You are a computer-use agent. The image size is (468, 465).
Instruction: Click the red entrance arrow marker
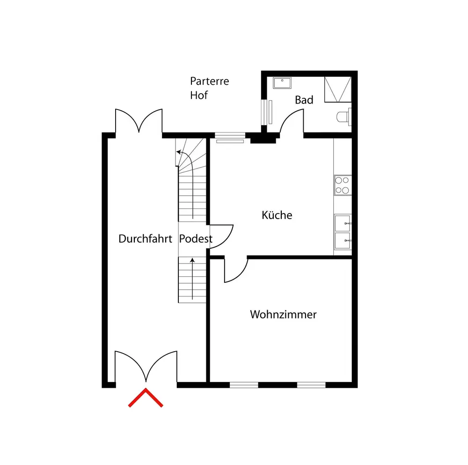coord(146,398)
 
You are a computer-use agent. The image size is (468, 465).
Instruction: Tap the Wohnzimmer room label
coord(283,314)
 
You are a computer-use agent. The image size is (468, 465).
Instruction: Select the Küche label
coord(277,215)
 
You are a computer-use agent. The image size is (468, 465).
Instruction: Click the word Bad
coord(304,100)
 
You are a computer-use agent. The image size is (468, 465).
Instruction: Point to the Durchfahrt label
coord(145,238)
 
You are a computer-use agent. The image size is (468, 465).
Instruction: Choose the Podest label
coord(196,239)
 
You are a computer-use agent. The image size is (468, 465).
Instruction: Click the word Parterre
coord(209,81)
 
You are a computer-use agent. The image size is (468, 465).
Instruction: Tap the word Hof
coord(198,95)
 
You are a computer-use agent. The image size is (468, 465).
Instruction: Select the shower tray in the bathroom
coord(337,89)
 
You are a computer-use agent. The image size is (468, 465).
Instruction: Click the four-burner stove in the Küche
coord(343,185)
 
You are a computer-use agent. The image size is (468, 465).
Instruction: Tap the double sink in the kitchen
coord(343,233)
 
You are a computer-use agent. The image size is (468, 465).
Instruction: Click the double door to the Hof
coord(139,121)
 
